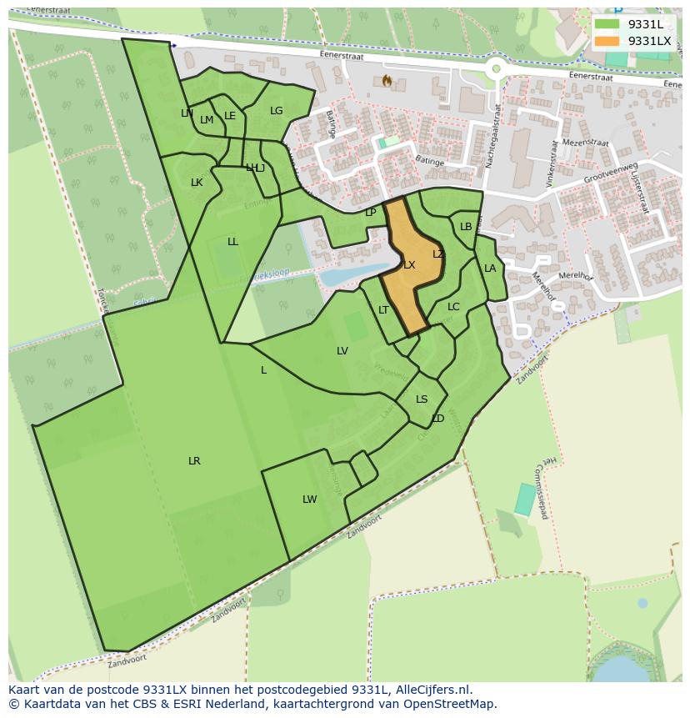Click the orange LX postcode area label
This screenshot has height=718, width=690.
pos(409,265)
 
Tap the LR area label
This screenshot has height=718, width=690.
pos(194,461)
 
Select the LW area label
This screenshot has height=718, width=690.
pos(309,500)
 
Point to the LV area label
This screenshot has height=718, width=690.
pos(342,351)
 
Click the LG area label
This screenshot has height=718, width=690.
pos(276,111)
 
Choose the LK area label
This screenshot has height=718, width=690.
pos(197,183)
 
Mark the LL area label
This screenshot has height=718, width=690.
pos(232,242)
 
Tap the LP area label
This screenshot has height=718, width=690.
pos(370,213)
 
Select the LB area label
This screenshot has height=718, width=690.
pos(466,227)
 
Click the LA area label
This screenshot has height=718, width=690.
pos(490,269)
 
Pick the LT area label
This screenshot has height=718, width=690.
pos(383,310)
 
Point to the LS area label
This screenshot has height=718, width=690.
pos(422,399)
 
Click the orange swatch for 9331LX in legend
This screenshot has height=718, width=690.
pos(607,41)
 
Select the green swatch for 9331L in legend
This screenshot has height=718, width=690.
pos(607,24)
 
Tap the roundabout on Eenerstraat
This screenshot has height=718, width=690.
pos(497,69)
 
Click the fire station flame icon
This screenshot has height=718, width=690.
pos(387,81)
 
